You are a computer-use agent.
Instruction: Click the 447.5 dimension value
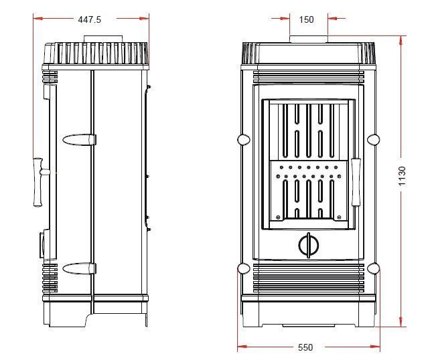point(90,19)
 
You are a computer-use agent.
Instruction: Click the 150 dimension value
point(306,19)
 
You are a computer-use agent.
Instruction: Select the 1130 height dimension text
point(402,176)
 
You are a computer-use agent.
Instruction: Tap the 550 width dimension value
point(305,347)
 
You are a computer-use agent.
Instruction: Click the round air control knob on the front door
point(309,245)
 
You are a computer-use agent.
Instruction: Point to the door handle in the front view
point(356,181)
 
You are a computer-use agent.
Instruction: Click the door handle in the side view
point(38,181)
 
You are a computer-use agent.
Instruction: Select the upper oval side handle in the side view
point(79,140)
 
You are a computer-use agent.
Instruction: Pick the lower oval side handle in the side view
point(79,268)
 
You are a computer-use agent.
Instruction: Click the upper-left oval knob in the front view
point(244,139)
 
